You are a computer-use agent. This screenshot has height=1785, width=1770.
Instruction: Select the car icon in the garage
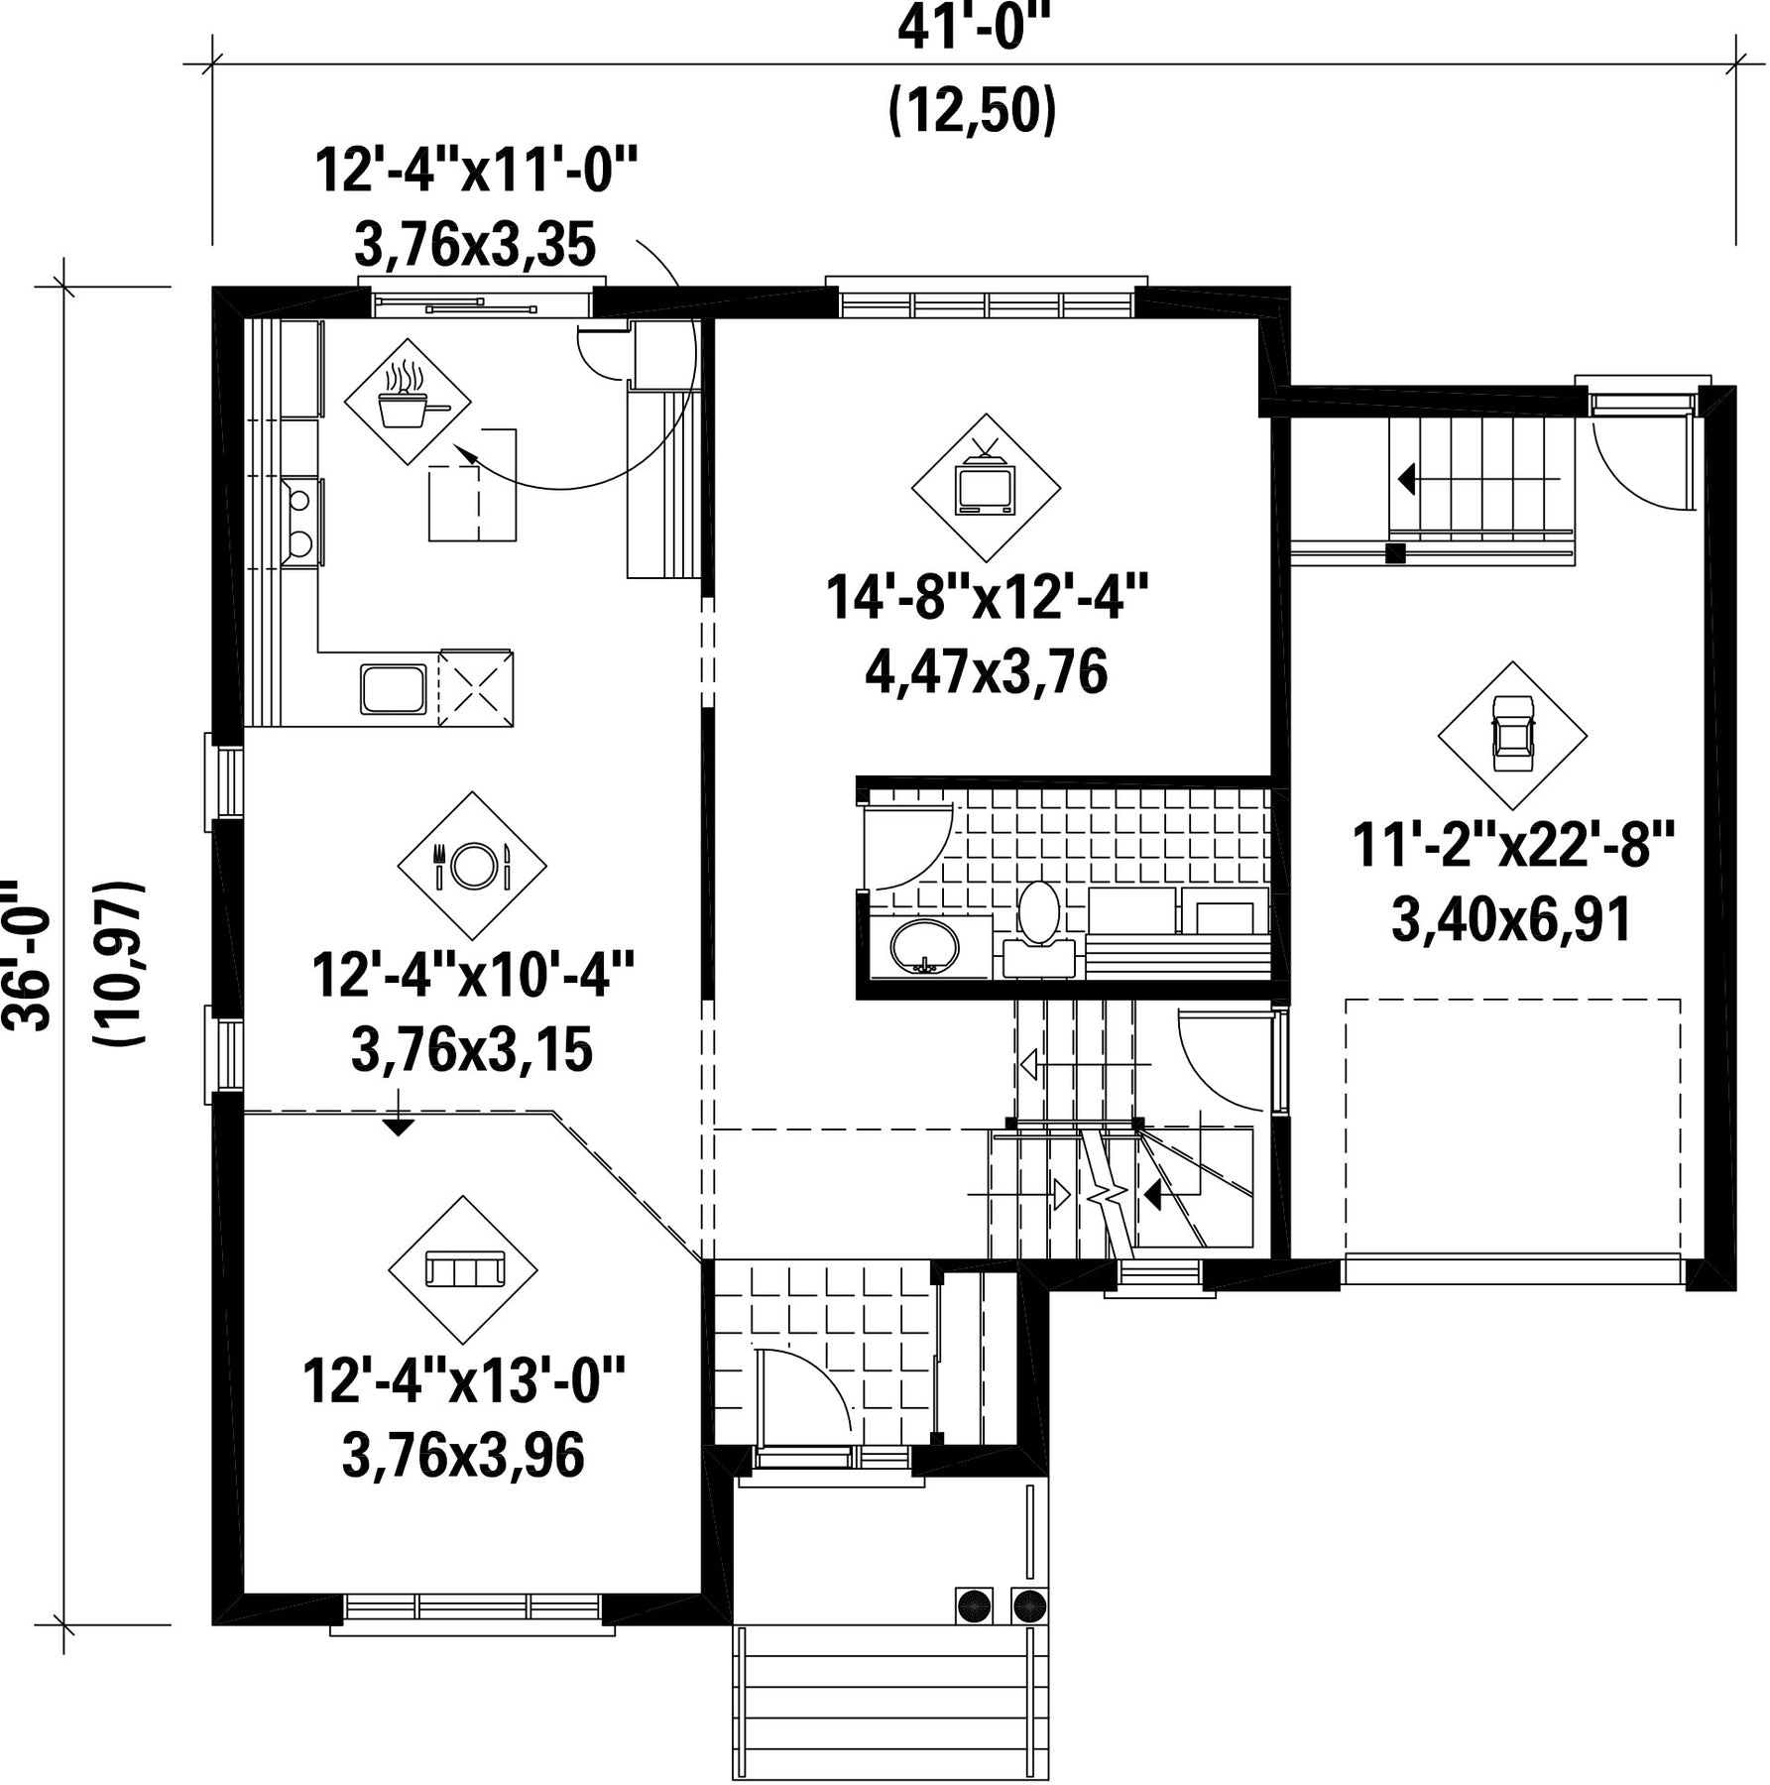1512,733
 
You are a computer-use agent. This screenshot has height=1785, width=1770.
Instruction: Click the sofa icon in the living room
464,1269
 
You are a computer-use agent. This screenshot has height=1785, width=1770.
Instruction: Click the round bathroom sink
924,948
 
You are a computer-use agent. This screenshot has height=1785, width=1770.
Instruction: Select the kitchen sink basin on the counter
394,688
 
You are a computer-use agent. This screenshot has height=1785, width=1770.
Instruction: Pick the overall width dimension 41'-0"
973,30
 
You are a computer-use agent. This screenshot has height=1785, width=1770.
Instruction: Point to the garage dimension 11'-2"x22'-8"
1513,847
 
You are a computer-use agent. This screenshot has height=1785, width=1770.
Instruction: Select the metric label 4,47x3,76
986,673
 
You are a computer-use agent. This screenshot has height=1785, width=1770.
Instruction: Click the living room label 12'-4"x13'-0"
465,1380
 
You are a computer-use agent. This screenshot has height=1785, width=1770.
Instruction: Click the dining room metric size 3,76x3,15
472,1050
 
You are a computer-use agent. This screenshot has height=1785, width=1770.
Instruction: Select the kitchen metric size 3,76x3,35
475,245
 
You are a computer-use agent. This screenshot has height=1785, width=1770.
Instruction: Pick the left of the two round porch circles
973,1604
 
